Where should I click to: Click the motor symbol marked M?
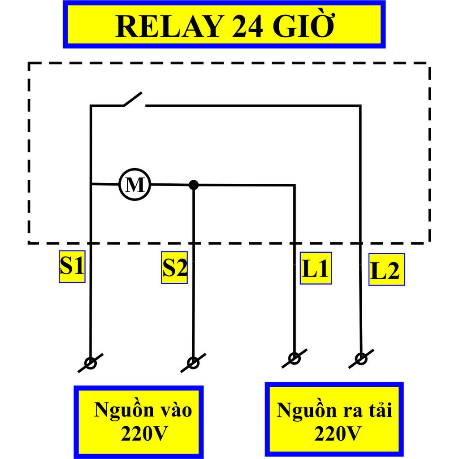coord(134,184)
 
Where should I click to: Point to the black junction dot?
coord(193,185)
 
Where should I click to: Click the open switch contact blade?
coord(133,99)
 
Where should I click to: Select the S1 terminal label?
coord(72,267)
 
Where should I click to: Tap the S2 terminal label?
coord(174,268)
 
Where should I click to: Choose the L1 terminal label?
coord(316,268)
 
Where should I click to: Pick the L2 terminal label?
coord(386,270)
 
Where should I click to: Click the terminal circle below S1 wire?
coord(91,363)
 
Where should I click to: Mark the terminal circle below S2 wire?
coord(193,363)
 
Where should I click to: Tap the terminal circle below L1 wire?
coord(294,358)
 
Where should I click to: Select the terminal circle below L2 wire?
coord(361,359)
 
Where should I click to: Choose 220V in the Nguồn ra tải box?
coord(338,433)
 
